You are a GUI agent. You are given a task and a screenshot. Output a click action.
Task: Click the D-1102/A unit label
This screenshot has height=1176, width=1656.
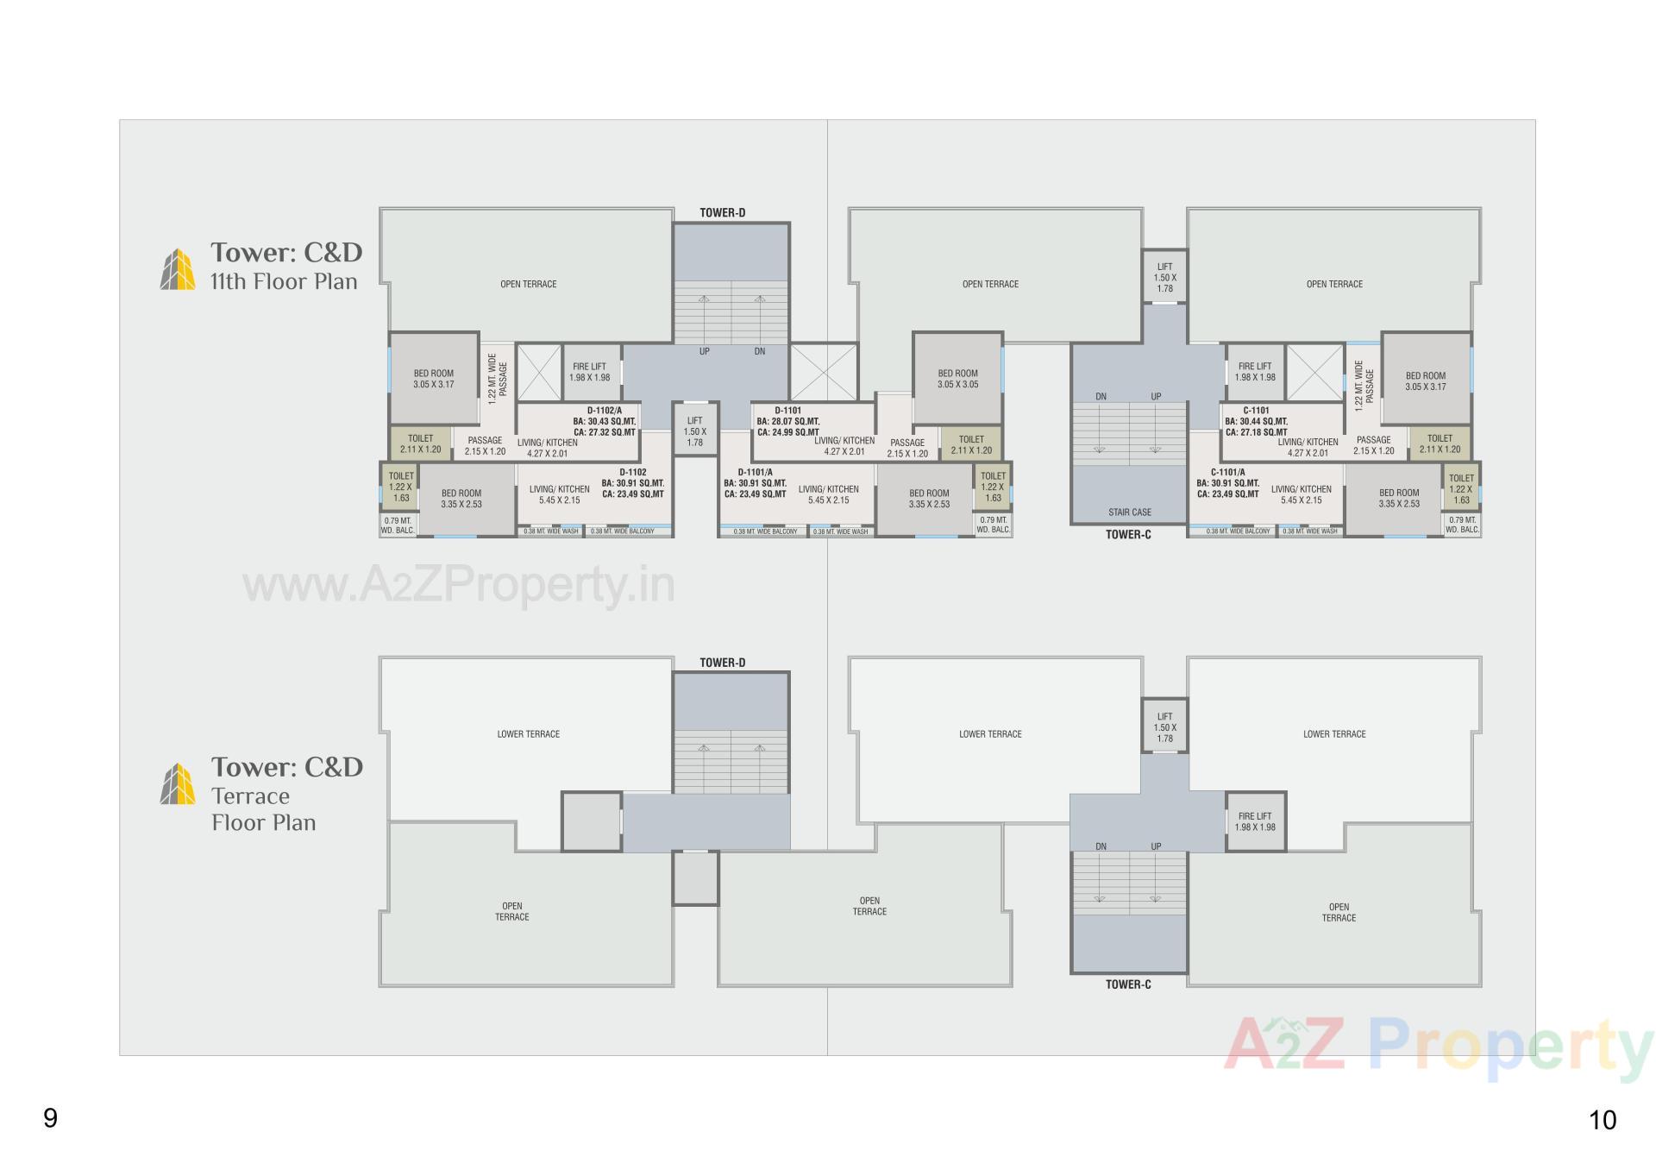[x=604, y=411]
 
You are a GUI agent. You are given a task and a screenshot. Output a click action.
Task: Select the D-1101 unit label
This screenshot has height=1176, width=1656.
[x=787, y=411]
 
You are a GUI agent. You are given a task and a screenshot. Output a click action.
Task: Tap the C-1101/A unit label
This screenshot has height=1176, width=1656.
[x=1227, y=472]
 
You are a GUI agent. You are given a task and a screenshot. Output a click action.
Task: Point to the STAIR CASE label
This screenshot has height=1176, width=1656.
[x=1129, y=512]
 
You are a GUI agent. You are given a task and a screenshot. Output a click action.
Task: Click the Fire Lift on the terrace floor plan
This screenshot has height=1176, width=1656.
[x=1255, y=821]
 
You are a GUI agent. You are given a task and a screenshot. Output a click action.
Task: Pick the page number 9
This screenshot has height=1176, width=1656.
[x=50, y=1118]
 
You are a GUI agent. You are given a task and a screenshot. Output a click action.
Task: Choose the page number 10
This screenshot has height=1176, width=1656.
[x=1602, y=1120]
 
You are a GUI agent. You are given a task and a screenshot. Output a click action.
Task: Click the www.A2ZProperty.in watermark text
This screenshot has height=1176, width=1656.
[x=458, y=586]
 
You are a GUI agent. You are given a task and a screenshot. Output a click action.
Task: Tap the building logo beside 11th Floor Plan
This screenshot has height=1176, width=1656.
[x=178, y=269]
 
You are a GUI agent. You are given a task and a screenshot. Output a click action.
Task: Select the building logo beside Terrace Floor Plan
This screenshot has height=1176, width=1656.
[x=178, y=783]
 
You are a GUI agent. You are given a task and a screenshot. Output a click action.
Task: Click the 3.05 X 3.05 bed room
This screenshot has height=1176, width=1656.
[x=957, y=379]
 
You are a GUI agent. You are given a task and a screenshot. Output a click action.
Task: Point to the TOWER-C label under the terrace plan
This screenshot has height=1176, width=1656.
[x=1128, y=984]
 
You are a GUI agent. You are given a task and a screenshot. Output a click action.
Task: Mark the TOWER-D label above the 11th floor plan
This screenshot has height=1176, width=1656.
[x=722, y=212]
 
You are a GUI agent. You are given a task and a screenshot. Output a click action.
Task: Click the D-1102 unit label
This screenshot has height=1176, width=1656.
[x=632, y=472]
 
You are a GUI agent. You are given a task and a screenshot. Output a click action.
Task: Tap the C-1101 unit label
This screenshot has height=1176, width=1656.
[x=1256, y=411]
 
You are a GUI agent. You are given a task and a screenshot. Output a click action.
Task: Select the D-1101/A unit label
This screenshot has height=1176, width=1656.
[x=755, y=472]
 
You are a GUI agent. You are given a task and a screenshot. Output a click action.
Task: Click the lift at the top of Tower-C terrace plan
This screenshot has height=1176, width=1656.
[x=1164, y=727]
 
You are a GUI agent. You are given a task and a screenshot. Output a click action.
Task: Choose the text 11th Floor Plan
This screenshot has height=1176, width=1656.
[x=284, y=281]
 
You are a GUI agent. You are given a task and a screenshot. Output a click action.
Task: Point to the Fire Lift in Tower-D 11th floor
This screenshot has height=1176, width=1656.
[x=589, y=372]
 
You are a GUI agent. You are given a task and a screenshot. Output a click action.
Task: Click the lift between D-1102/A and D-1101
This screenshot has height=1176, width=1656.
[x=694, y=431]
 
